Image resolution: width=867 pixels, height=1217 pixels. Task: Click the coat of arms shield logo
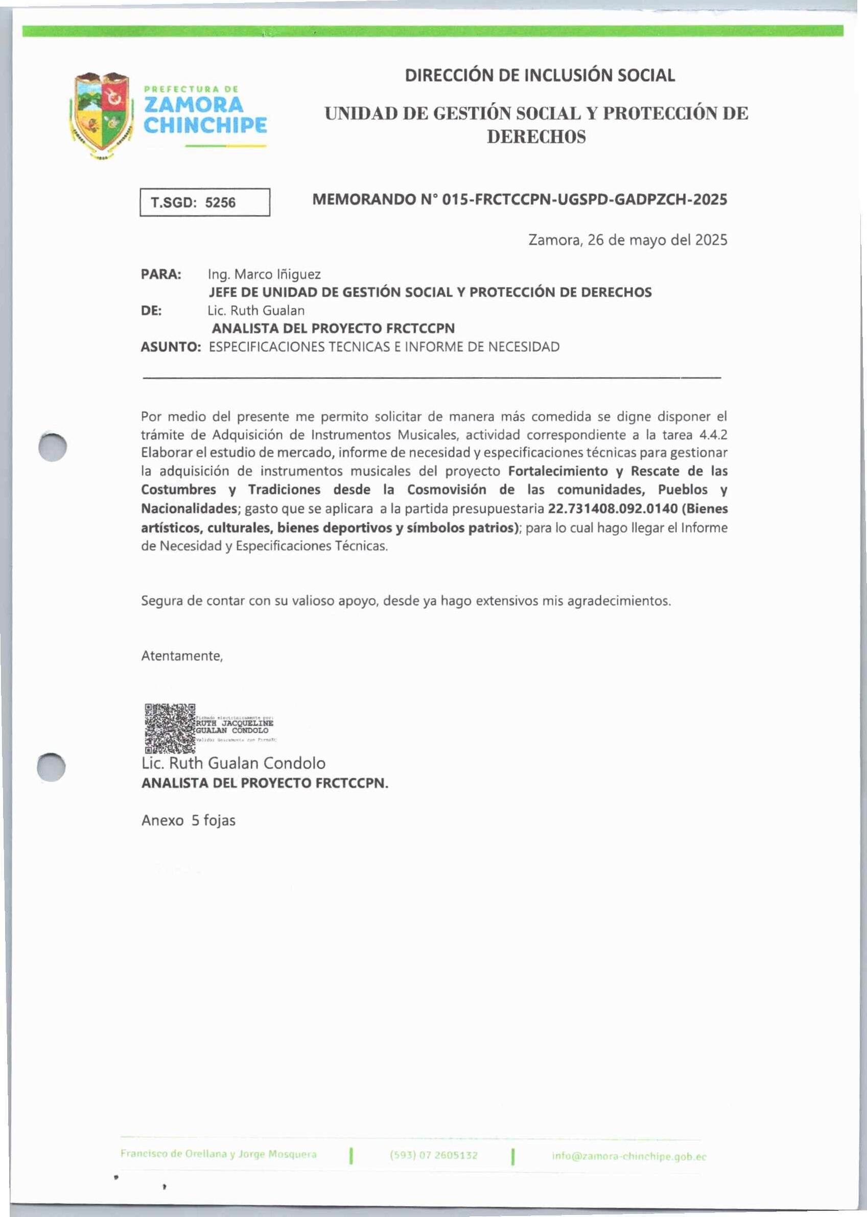click(102, 116)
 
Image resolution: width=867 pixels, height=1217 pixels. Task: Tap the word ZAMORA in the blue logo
click(194, 105)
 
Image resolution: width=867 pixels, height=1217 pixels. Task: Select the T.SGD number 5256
click(220, 203)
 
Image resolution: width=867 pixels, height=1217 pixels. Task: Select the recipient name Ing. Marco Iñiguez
click(264, 274)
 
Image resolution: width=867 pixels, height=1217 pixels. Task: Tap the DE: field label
click(152, 311)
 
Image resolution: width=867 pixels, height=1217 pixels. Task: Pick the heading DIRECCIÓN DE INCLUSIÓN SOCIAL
click(540, 75)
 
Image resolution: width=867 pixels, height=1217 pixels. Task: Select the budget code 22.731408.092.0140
click(613, 509)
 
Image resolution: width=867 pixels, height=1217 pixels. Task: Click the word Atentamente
click(182, 656)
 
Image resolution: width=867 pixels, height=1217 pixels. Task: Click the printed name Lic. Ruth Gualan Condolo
click(233, 763)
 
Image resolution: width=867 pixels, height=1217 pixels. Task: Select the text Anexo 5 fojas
click(189, 820)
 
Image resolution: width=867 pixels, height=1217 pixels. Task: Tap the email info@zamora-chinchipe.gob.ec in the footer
click(629, 1157)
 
